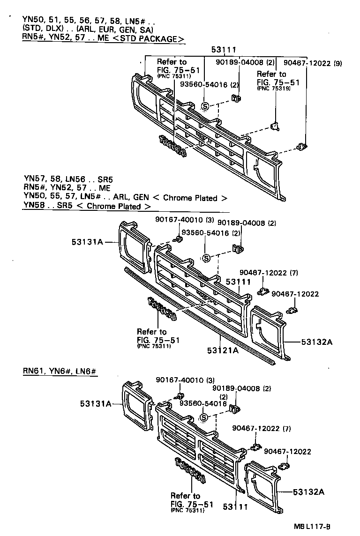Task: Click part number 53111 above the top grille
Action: point(223,50)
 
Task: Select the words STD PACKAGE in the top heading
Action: point(149,38)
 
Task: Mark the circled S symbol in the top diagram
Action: point(205,106)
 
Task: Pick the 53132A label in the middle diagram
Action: point(316,342)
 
